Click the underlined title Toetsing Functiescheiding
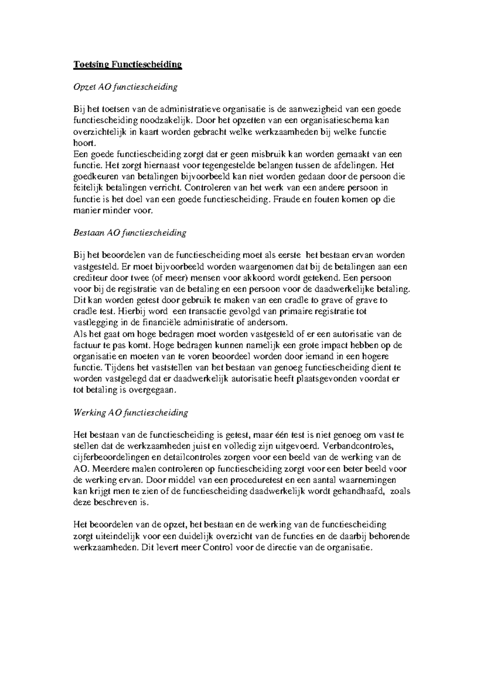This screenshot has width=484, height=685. pos(127,65)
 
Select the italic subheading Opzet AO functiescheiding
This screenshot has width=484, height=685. pos(125,87)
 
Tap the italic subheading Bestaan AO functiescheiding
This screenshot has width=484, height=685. pos(129,233)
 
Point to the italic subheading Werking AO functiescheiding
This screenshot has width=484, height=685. pos(131,412)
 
